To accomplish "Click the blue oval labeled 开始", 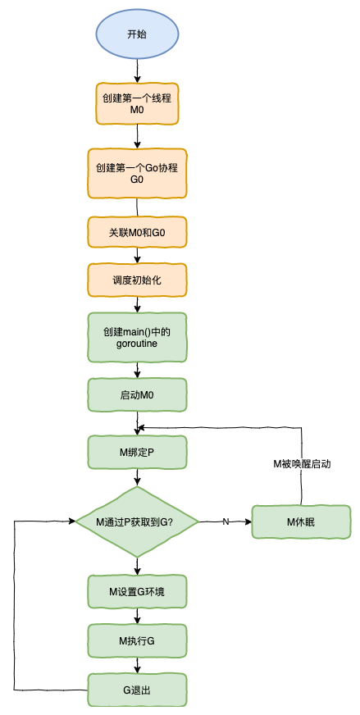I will point(137,34).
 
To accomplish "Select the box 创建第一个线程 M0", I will point(137,103).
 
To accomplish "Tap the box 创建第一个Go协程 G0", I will point(137,173).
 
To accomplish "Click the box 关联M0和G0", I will point(137,233).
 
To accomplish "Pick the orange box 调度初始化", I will point(137,280).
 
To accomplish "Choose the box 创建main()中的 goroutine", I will point(137,338).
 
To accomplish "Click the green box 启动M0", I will point(137,395).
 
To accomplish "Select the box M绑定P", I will point(137,453).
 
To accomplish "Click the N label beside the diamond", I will point(226,521).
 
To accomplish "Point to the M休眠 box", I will point(302,521).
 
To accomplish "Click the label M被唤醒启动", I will point(302,463).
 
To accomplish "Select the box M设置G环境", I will point(137,591).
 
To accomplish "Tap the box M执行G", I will point(137,640).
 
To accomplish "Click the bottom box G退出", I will point(137,690).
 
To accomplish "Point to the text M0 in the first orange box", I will point(137,110).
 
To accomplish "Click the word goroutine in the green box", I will point(137,344).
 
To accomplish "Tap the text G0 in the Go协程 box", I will point(137,180).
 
